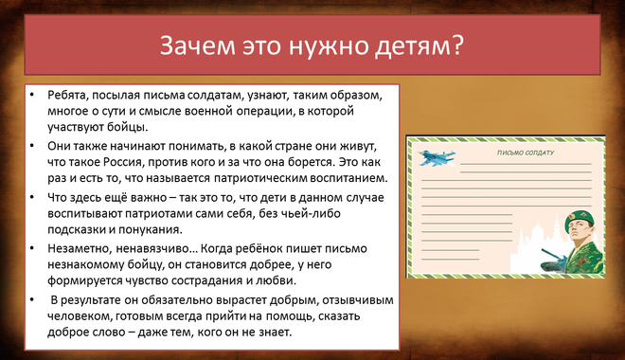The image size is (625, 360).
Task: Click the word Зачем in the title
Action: click(197, 45)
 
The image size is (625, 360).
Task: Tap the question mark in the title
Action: click(457, 45)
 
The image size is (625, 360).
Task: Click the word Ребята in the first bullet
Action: click(68, 96)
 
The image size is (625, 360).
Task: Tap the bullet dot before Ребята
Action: click(32, 96)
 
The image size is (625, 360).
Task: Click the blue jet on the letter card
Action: click(437, 157)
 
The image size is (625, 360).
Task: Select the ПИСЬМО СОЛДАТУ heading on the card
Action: click(526, 153)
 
